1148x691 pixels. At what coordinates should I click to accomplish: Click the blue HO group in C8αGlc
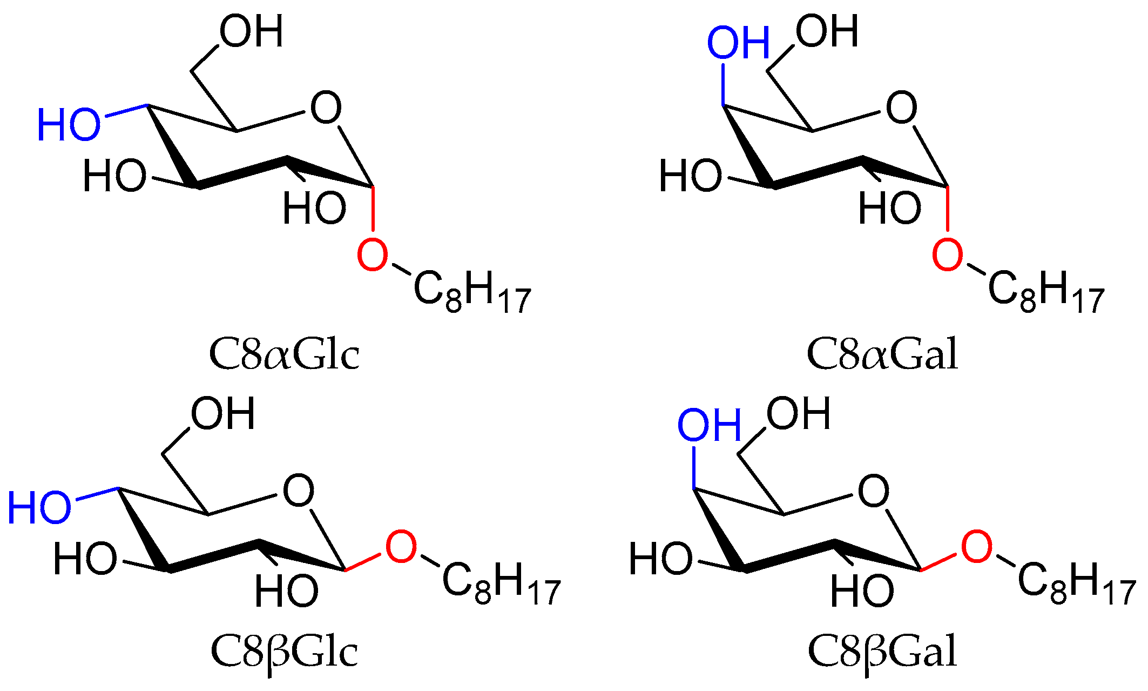(69, 125)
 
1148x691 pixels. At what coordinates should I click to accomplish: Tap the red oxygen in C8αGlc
(373, 256)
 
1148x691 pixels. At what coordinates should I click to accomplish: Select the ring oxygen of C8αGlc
(326, 108)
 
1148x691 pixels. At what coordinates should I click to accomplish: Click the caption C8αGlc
(284, 354)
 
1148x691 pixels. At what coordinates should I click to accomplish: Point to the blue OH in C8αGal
(738, 43)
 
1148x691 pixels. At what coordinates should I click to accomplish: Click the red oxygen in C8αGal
(948, 256)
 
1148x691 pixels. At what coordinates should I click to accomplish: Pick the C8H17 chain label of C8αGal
(1046, 295)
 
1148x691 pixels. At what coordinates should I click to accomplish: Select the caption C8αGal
(882, 354)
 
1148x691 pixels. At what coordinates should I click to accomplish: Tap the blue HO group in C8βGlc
(39, 508)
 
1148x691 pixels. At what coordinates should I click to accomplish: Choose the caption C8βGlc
(284, 652)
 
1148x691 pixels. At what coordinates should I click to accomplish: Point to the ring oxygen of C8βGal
(874, 491)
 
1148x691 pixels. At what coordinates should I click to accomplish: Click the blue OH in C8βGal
(710, 425)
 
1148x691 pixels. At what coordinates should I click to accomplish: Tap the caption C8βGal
(882, 652)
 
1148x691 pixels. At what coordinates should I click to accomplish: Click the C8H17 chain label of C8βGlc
(501, 586)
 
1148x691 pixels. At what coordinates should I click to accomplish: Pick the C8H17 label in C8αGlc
(472, 295)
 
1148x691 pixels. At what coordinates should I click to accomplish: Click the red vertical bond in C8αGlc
(373, 210)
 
